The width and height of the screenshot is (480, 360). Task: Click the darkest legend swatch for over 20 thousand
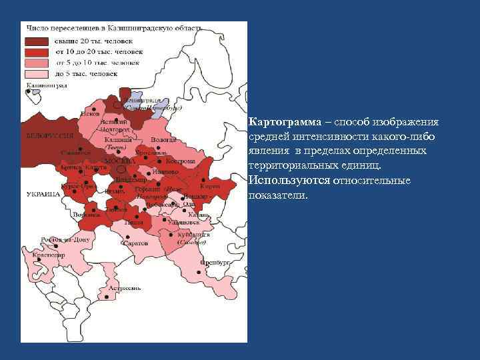[x=37, y=41]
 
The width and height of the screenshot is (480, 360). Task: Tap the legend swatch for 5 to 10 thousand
[x=37, y=63]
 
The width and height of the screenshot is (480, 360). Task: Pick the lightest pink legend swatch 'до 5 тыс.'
[x=37, y=73]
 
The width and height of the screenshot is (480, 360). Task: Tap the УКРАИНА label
[x=42, y=193]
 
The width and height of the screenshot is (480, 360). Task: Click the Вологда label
[x=163, y=140]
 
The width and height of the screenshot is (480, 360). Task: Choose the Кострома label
[x=182, y=161]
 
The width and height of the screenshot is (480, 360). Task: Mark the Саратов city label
[x=136, y=243]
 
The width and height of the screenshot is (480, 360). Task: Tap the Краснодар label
[x=51, y=254]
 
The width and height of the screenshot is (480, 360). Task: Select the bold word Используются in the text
[x=288, y=181]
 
